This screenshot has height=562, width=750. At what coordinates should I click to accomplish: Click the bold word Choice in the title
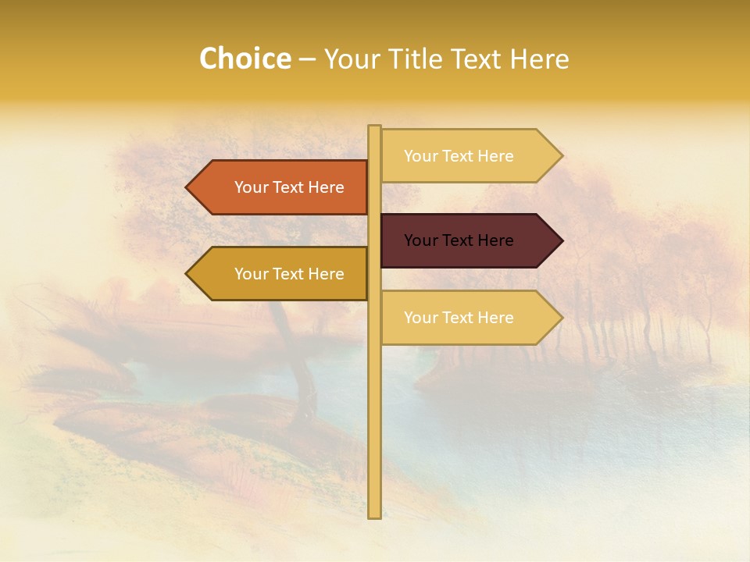[245, 59]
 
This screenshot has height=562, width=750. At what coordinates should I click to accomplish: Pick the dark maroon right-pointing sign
[469, 240]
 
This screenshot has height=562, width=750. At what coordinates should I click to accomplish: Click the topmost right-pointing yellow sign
[469, 156]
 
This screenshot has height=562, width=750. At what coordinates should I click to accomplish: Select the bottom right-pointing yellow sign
[469, 318]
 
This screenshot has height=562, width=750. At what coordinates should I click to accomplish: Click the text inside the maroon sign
[459, 240]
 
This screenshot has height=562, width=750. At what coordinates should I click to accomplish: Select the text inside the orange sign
[289, 187]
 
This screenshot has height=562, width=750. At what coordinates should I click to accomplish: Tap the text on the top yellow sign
[459, 156]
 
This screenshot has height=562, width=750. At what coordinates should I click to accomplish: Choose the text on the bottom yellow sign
[459, 318]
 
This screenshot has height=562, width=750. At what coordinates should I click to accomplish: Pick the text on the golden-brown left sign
[289, 274]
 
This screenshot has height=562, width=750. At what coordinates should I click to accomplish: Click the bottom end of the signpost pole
[374, 514]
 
